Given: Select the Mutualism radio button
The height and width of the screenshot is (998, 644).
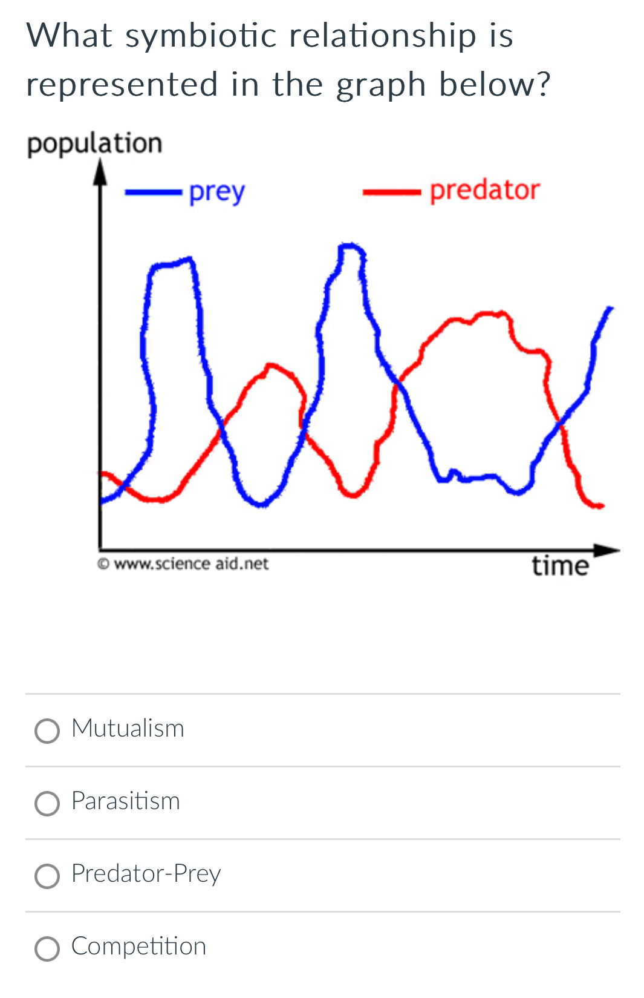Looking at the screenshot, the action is point(47,731).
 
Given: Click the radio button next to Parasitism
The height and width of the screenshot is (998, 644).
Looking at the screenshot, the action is point(47,803).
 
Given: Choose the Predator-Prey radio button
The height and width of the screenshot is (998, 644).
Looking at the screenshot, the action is point(47,876).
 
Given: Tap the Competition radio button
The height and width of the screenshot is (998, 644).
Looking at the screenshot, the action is point(47,948).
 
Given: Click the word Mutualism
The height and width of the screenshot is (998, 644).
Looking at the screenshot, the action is point(128,729).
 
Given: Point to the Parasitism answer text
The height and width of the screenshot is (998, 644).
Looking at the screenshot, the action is point(126,801).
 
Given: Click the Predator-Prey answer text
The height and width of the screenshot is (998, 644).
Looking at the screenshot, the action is point(146,874).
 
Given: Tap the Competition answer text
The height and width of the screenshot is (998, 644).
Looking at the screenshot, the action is point(139,947).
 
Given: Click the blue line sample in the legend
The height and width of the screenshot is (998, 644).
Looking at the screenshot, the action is point(154,192).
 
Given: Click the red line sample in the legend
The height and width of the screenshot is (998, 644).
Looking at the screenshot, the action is point(392,192).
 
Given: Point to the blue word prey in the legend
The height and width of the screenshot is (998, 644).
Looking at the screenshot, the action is point(217,192).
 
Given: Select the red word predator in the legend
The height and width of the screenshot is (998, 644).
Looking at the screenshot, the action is point(485,190).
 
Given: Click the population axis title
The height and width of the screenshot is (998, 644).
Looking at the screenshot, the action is point(95,144).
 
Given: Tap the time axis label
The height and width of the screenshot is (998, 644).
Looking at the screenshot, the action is point(561,566).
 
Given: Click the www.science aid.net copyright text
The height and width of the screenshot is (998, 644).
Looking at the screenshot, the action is point(183,563).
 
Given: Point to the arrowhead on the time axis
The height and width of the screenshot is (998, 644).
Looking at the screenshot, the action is point(606,550).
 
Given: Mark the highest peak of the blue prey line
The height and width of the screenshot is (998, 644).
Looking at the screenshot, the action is point(351,245).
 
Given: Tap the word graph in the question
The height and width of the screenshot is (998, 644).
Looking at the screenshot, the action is point(381,85).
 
